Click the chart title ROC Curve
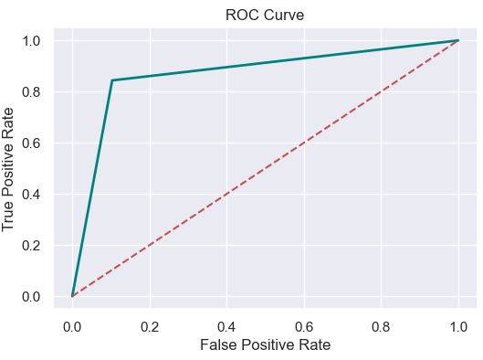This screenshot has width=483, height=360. [x=265, y=15]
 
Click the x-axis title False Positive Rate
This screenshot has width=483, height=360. [x=265, y=345]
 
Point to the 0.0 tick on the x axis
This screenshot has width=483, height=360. [x=72, y=325]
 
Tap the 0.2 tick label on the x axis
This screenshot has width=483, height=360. [x=149, y=325]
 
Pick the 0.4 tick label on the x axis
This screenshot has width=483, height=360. [x=226, y=325]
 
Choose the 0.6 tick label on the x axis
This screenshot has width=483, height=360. [x=304, y=325]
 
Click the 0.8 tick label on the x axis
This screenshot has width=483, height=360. [x=382, y=325]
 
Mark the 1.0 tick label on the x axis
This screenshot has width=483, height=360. [x=458, y=325]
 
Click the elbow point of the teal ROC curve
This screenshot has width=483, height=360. [x=111, y=80]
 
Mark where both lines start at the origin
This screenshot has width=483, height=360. [x=72, y=296]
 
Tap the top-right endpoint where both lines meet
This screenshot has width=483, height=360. [x=458, y=40]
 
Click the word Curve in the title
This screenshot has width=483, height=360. [x=285, y=15]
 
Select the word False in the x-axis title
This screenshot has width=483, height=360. [x=219, y=345]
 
